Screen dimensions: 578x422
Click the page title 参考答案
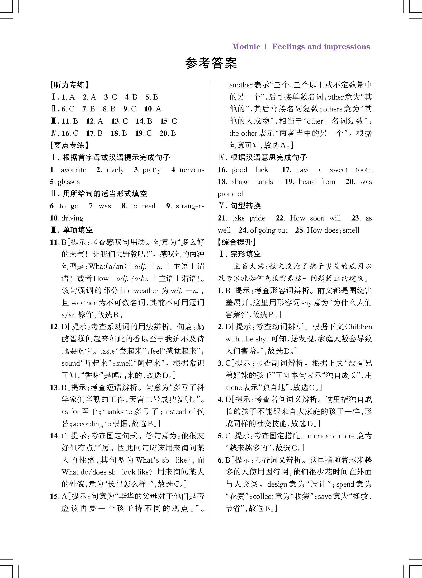[211, 63]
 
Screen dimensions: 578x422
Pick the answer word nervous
[192, 170]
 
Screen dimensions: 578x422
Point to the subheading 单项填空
[78, 230]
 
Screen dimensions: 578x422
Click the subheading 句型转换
[245, 206]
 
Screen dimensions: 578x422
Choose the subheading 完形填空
[245, 254]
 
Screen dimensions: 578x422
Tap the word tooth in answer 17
[363, 170]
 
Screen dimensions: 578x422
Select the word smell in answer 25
[351, 230]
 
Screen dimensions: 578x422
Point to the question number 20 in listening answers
[163, 133]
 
